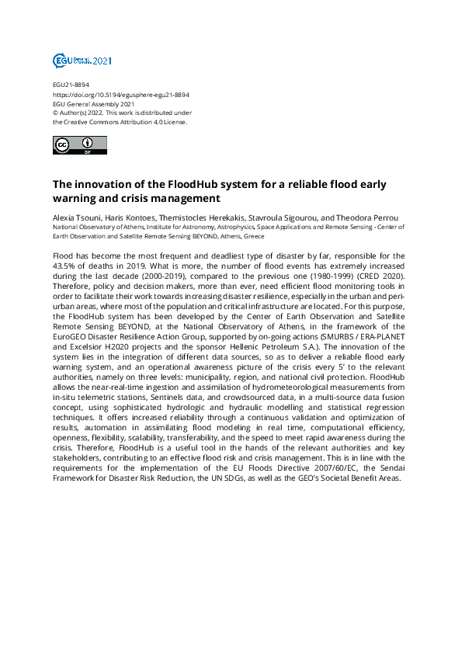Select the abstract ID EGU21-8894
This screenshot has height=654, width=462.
70,85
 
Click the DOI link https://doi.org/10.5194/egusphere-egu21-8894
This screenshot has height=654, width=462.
121,95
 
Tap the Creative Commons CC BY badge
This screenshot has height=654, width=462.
75,144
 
